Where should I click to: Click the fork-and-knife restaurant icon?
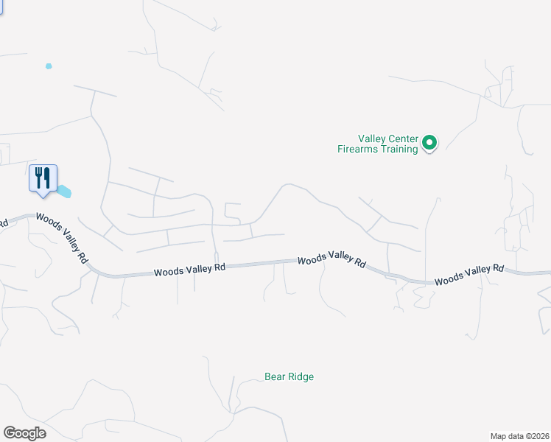pyautogui.click(x=42, y=178)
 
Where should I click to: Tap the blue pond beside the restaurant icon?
pyautogui.click(x=64, y=192)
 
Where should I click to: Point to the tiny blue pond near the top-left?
pyautogui.click(x=49, y=66)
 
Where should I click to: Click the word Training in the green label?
pyautogui.click(x=398, y=150)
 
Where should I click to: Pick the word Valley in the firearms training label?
pyautogui.click(x=371, y=138)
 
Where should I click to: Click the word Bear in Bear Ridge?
pyautogui.click(x=274, y=377)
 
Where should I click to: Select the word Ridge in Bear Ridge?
pyautogui.click(x=301, y=377)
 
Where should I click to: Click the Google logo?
pyautogui.click(x=24, y=433)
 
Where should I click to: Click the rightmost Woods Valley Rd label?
pyautogui.click(x=468, y=275)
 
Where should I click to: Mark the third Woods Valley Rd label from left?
pyautogui.click(x=331, y=261)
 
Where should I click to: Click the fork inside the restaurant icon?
pyautogui.click(x=38, y=177)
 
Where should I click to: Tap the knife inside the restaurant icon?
pyautogui.click(x=46, y=177)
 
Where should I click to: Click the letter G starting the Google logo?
pyautogui.click(x=10, y=433)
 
